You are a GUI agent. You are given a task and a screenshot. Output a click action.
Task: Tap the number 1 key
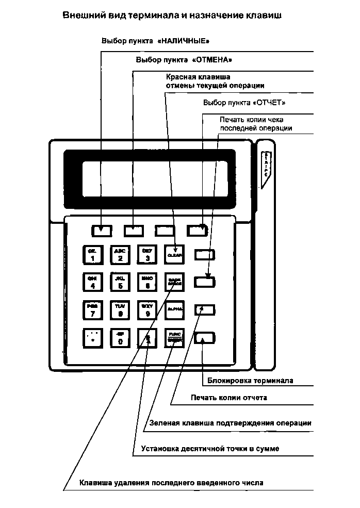coord(93,254)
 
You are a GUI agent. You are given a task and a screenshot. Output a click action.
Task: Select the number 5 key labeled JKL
coord(120,282)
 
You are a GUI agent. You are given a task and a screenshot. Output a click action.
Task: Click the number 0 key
coord(120,337)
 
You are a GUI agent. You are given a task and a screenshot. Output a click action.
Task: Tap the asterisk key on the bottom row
coord(93,337)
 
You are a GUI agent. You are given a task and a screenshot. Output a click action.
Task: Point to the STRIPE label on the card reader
coord(266,165)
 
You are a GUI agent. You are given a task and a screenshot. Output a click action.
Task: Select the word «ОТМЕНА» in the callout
coord(211,60)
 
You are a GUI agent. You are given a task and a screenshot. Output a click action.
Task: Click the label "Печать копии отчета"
coord(228,398)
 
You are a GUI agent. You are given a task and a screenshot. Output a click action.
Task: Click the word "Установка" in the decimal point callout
coord(160,449)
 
